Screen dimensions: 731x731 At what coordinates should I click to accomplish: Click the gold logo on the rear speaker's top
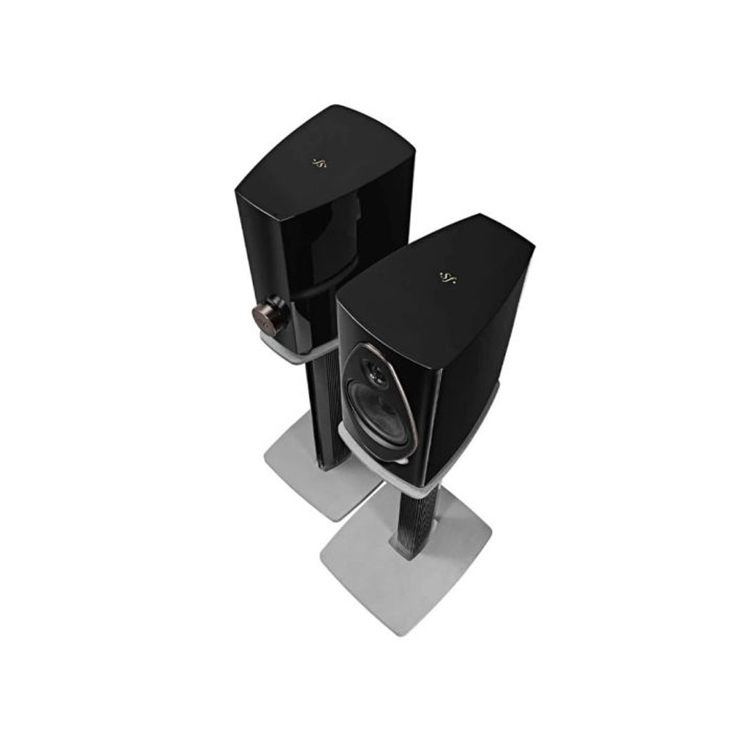click(x=318, y=162)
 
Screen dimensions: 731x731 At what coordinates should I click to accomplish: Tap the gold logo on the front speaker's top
click(x=447, y=276)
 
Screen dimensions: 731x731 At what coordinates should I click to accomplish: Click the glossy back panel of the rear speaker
click(x=292, y=249)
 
